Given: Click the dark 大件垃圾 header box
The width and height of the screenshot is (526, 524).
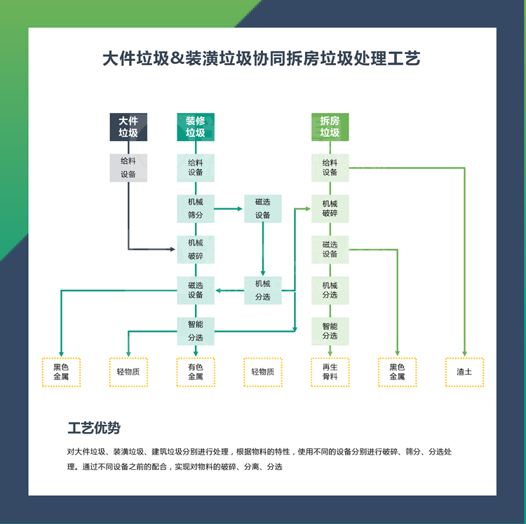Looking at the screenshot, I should pyautogui.click(x=128, y=127).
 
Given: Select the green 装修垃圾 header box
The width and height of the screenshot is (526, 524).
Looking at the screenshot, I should pyautogui.click(x=195, y=127).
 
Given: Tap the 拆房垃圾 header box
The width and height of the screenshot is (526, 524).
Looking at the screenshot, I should pyautogui.click(x=330, y=127).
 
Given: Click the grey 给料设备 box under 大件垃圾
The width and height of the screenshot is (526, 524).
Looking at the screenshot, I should pyautogui.click(x=128, y=168).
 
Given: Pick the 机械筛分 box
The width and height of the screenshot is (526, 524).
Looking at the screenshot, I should pyautogui.click(x=195, y=208).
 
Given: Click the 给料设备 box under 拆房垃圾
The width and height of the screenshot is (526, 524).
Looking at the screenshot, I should pyautogui.click(x=330, y=168).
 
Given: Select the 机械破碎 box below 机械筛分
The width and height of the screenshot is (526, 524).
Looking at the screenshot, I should pyautogui.click(x=195, y=249).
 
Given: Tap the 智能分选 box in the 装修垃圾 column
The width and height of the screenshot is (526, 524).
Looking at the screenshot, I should pyautogui.click(x=195, y=330).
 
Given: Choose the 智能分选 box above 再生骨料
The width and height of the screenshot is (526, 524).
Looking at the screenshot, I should pyautogui.click(x=330, y=330).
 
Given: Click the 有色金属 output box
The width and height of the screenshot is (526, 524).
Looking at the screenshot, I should pyautogui.click(x=195, y=372).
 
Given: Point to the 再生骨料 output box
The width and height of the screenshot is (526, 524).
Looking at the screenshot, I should pyautogui.click(x=330, y=372).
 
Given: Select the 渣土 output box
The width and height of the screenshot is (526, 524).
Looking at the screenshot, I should pyautogui.click(x=464, y=372).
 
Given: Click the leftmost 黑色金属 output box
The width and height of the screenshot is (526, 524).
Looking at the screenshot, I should pyautogui.click(x=61, y=372).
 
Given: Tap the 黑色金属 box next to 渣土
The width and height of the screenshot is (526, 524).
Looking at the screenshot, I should pyautogui.click(x=397, y=372).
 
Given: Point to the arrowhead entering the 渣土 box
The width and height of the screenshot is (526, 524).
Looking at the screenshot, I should pyautogui.click(x=464, y=354).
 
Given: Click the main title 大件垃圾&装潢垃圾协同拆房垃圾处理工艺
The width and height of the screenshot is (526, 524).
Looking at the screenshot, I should pyautogui.click(x=262, y=58).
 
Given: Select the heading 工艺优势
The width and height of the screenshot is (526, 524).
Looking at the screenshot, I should pyautogui.click(x=93, y=427).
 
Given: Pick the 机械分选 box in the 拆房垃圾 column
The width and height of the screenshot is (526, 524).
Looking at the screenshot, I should pyautogui.click(x=330, y=290).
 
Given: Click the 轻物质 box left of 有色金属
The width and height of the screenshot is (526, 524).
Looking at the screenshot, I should pyautogui.click(x=128, y=372).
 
